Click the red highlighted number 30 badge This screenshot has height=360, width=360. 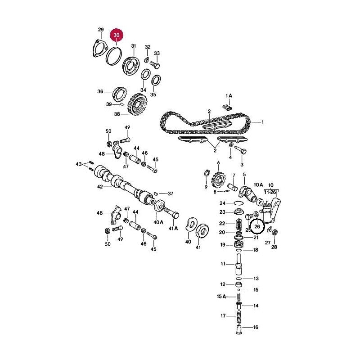point(117,36)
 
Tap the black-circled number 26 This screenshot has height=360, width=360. point(257,227)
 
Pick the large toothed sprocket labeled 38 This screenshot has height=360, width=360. point(138,105)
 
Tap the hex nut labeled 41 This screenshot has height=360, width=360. point(202,232)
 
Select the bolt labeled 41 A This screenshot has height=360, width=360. point(171,213)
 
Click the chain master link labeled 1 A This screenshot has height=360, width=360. point(228,107)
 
